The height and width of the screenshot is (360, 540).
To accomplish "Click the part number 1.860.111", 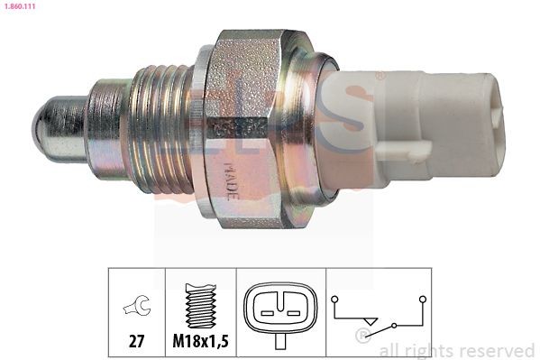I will coord(21,6).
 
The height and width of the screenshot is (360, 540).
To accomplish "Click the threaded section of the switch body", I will coord(163,126).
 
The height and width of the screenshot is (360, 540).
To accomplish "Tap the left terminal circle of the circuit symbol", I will coord(334,297).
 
